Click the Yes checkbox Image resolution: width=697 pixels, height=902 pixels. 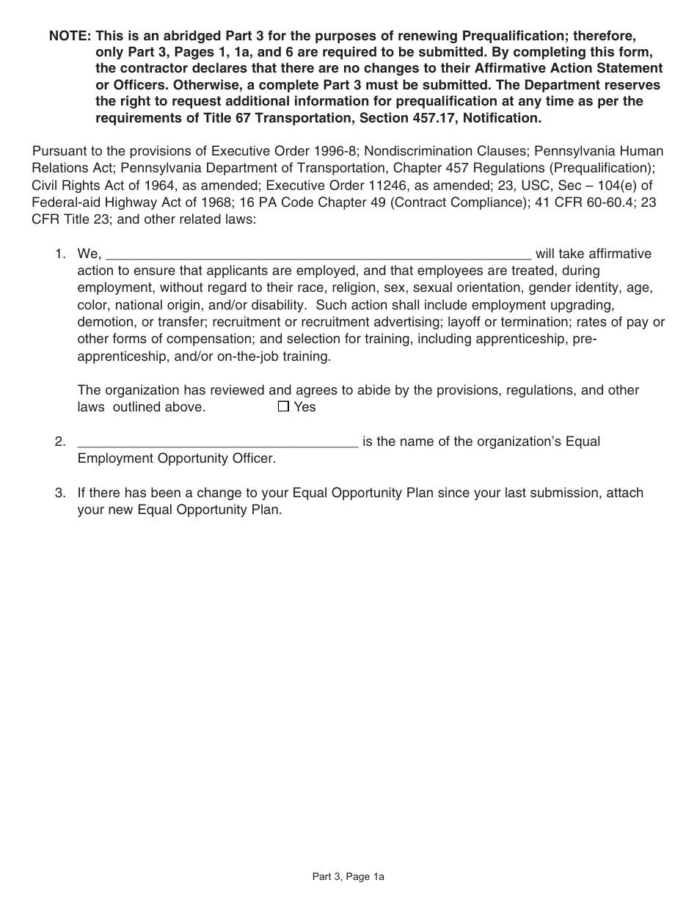(284, 406)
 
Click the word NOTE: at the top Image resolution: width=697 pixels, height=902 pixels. (70, 36)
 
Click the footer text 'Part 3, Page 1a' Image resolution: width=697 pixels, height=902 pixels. (348, 876)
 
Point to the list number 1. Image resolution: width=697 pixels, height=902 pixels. (60, 254)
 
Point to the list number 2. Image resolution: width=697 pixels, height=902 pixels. (60, 442)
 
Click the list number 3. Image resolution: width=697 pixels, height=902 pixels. (60, 493)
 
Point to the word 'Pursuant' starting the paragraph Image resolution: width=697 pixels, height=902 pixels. (59, 151)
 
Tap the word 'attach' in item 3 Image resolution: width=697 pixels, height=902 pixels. (623, 493)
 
